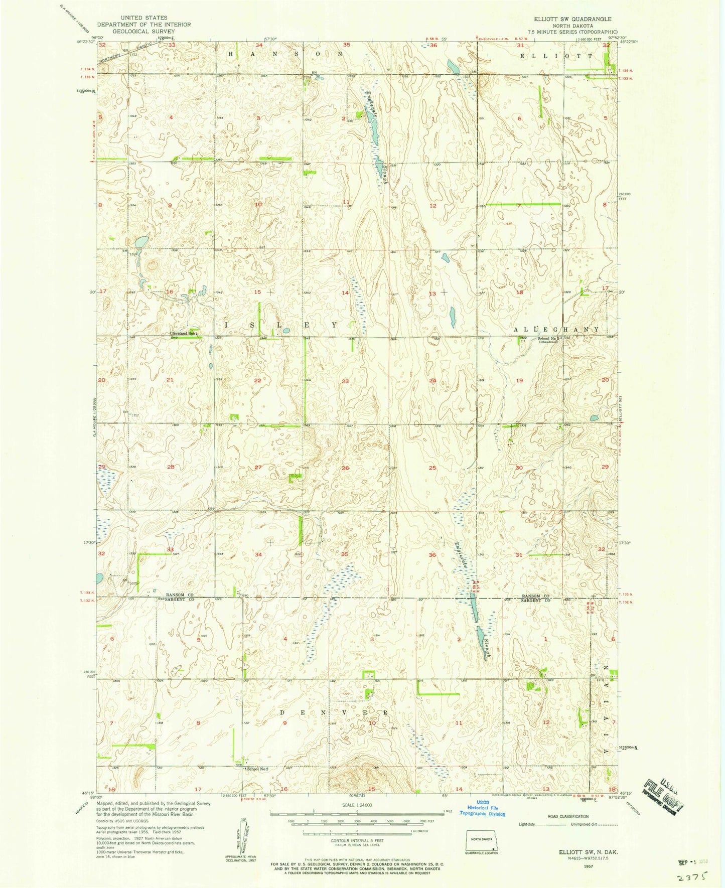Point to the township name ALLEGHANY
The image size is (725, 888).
(556, 329)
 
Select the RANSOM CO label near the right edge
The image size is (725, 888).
(536, 595)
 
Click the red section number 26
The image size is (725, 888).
(345, 468)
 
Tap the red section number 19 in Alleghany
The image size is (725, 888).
(519, 381)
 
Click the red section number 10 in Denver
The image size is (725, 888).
(372, 723)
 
